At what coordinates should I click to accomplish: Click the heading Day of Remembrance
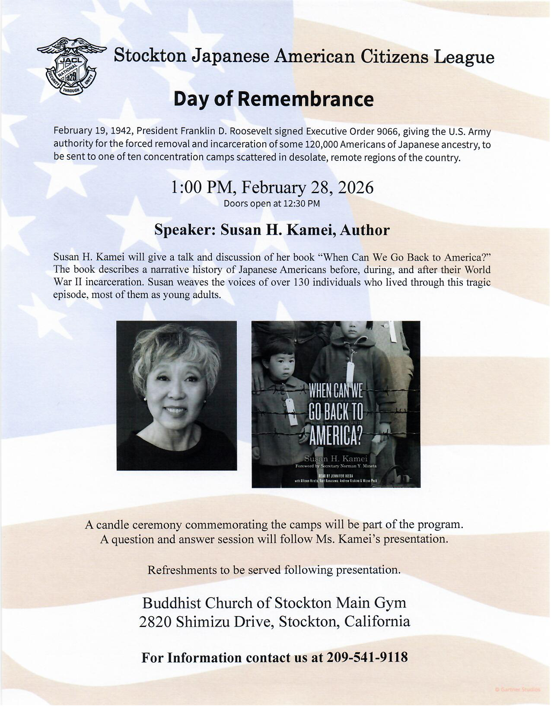click(x=273, y=99)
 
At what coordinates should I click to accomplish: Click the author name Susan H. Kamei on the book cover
click(x=336, y=458)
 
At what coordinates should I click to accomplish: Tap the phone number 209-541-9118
click(x=367, y=657)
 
